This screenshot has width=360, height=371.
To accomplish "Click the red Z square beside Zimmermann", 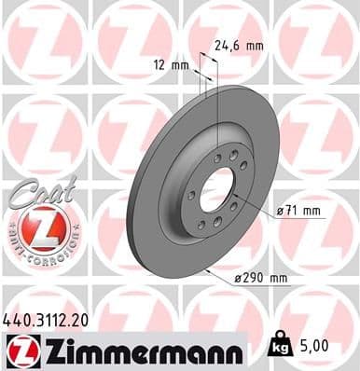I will click(20, 351).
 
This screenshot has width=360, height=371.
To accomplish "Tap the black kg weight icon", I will click(277, 347).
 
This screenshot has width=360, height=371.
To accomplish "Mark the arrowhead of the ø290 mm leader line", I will click(208, 270).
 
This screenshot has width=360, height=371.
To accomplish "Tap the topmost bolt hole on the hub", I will click(217, 158).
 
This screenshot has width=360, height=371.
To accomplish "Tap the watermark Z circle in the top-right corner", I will click(317, 42).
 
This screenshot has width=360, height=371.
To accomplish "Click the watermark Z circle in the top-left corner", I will click(42, 42).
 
